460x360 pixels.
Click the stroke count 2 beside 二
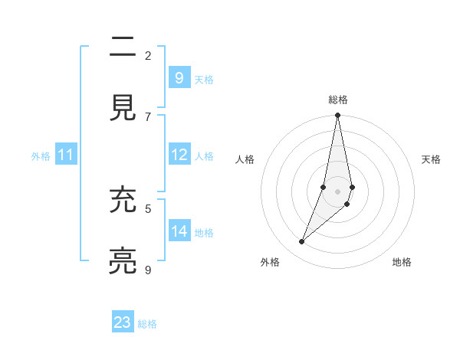[x=148, y=55]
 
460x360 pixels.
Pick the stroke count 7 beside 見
[x=148, y=116]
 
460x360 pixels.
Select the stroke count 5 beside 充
[x=148, y=208]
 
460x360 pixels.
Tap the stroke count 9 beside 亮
[x=148, y=269]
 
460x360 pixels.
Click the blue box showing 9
[x=179, y=77]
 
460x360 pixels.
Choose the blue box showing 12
[x=179, y=155]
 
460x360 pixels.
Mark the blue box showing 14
[x=179, y=231]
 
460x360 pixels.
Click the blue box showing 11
[x=65, y=155]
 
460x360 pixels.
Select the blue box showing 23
[x=123, y=322]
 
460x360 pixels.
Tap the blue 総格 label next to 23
[x=147, y=324]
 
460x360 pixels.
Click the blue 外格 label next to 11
[x=41, y=156]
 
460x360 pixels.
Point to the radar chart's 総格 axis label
[x=337, y=100]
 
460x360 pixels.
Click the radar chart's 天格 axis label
[x=431, y=159]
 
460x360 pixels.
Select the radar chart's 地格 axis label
[x=402, y=262]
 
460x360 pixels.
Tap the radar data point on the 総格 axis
[x=337, y=116]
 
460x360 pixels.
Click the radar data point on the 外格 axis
[x=302, y=242]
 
